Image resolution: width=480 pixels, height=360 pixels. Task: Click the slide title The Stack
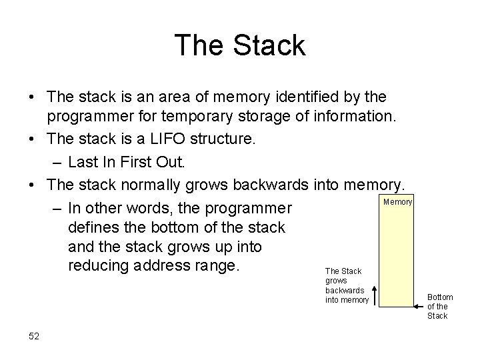(240, 45)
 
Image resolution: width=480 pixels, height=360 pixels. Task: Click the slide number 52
(35, 335)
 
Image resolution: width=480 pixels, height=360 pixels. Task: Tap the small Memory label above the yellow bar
(399, 201)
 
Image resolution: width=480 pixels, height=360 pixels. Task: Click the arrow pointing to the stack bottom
(421, 307)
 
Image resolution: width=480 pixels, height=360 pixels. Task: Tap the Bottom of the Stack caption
(439, 307)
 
